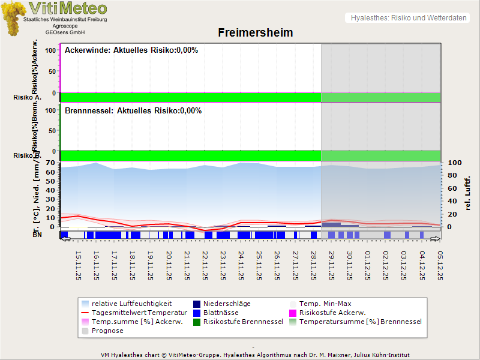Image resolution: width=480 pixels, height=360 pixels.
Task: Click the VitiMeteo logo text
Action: tap(68, 8)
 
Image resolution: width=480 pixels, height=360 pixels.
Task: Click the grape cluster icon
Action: tap(13, 18)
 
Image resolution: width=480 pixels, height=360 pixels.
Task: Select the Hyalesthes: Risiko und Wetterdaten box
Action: tap(408, 18)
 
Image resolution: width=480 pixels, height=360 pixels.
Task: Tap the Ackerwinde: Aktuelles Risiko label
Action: tap(131, 50)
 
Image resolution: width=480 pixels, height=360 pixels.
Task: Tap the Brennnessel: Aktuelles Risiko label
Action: tap(133, 111)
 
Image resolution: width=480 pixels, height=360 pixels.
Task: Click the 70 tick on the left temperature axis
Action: tap(50, 163)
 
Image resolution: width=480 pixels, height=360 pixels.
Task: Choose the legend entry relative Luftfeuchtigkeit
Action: tap(131, 304)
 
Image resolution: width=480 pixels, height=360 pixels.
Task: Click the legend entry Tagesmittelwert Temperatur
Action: tap(134, 313)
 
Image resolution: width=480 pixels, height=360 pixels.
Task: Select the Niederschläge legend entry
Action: tap(227, 304)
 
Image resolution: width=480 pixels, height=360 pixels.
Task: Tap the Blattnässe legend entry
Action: tap(221, 313)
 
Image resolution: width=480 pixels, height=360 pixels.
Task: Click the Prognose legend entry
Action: tap(107, 331)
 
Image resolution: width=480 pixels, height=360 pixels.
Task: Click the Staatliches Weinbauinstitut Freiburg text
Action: tap(65, 20)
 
